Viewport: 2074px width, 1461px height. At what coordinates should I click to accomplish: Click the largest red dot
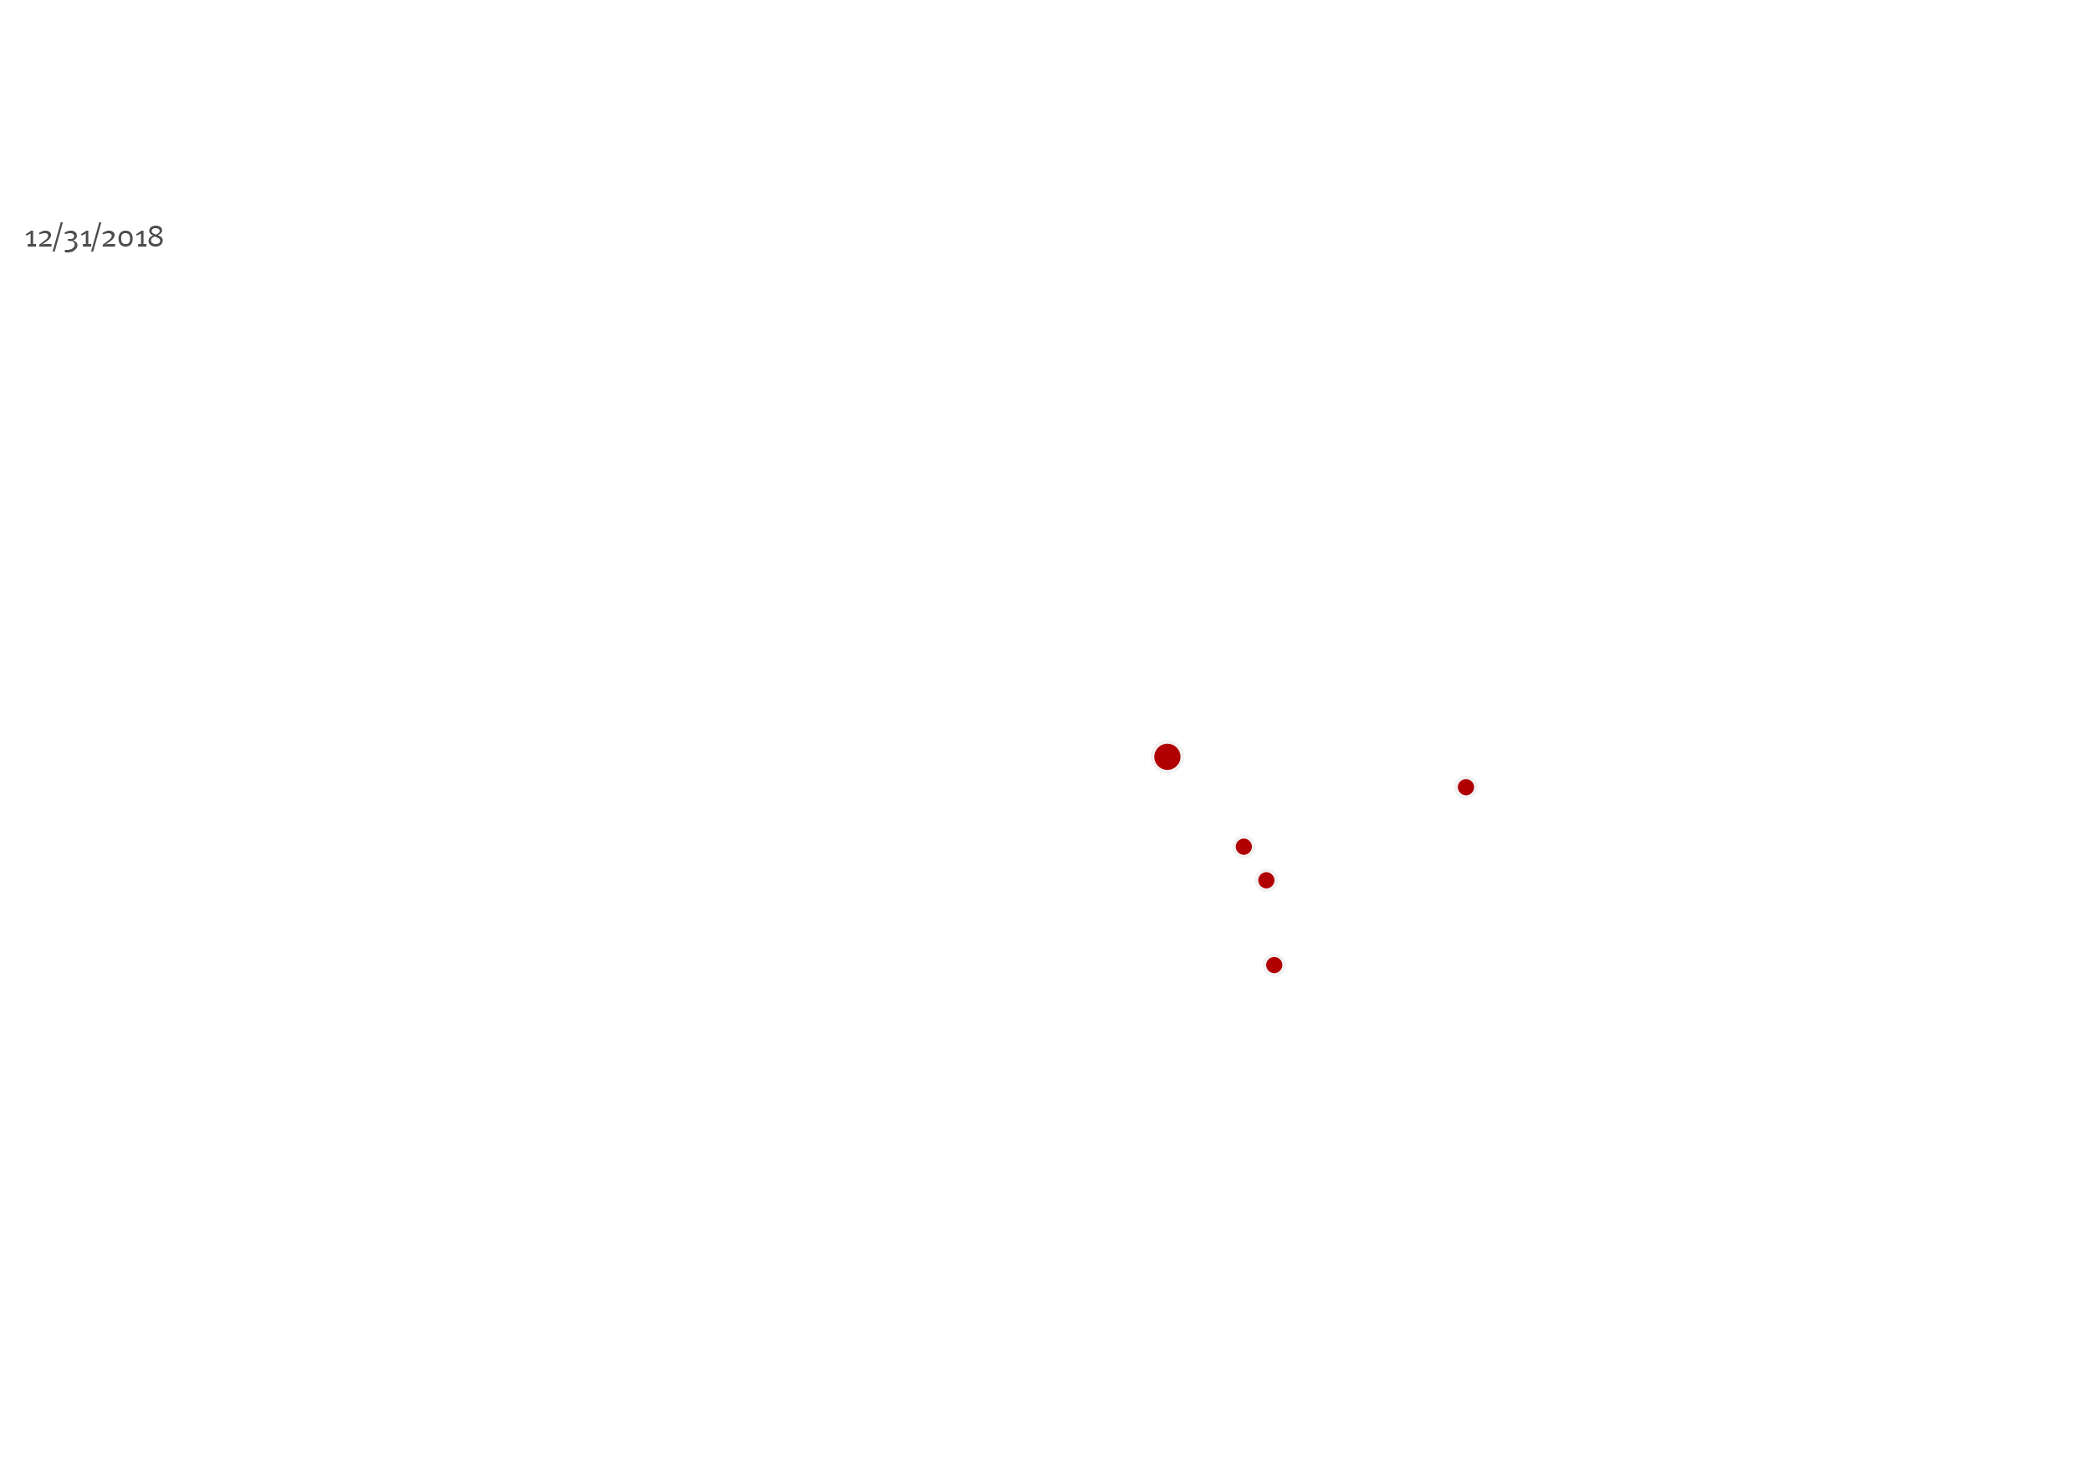pyautogui.click(x=1167, y=756)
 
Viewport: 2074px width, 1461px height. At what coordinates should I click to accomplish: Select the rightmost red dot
pyautogui.click(x=1466, y=787)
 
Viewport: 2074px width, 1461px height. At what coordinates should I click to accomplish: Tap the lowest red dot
pyautogui.click(x=1274, y=965)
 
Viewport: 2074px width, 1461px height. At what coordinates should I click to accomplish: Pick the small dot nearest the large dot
pyautogui.click(x=1244, y=846)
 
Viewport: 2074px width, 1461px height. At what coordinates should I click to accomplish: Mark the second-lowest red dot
pyautogui.click(x=1266, y=880)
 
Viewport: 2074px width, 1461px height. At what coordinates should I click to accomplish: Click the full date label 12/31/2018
pyautogui.click(x=94, y=237)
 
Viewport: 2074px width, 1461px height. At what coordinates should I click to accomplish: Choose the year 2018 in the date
pyautogui.click(x=132, y=237)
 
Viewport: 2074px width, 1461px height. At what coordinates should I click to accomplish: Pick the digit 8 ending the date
pyautogui.click(x=156, y=237)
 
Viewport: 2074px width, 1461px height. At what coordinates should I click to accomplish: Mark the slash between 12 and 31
pyautogui.click(x=57, y=237)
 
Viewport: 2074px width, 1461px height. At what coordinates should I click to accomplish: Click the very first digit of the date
pyautogui.click(x=30, y=239)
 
